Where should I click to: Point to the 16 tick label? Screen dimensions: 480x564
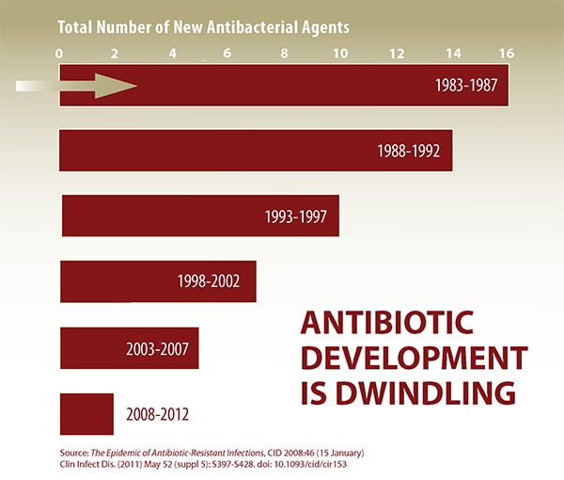(x=506, y=53)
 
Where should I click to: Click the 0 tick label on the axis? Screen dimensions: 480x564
(x=60, y=53)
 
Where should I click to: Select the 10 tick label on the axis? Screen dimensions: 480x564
(x=338, y=53)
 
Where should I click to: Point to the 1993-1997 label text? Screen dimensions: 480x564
(x=295, y=216)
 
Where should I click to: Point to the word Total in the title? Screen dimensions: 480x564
(x=77, y=26)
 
